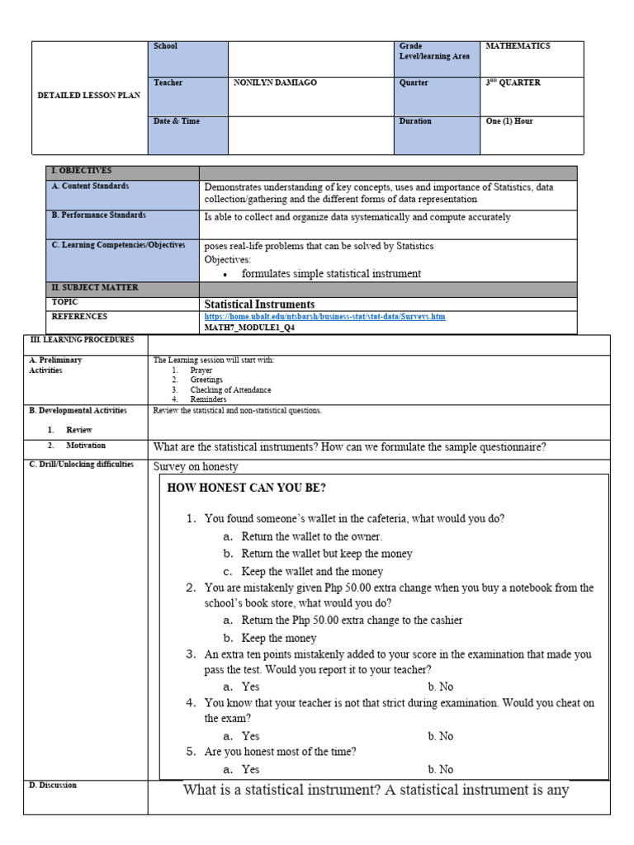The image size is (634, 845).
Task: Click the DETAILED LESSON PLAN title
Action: pyautogui.click(x=89, y=96)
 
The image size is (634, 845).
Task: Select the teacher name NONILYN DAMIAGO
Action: pyautogui.click(x=276, y=83)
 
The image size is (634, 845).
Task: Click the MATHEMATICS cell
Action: pyautogui.click(x=518, y=47)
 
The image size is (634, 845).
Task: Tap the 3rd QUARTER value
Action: pyautogui.click(x=513, y=83)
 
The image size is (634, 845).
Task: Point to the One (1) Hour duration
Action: pyautogui.click(x=509, y=121)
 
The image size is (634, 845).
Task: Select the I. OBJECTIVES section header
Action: pyautogui.click(x=81, y=171)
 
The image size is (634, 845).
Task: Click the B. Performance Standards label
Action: pyautogui.click(x=98, y=215)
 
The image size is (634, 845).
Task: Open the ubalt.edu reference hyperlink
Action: pyautogui.click(x=324, y=317)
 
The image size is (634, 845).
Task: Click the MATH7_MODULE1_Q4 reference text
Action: pyautogui.click(x=249, y=328)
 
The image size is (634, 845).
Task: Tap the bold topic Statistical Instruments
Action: pyautogui.click(x=259, y=304)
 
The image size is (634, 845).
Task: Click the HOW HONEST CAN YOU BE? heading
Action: pyautogui.click(x=246, y=488)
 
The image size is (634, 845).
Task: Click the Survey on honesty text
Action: pyautogui.click(x=196, y=466)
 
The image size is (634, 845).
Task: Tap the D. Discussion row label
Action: pyautogui.click(x=53, y=786)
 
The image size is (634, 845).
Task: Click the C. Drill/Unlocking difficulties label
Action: pyautogui.click(x=81, y=465)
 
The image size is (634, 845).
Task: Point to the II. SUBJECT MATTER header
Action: pyautogui.click(x=95, y=288)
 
